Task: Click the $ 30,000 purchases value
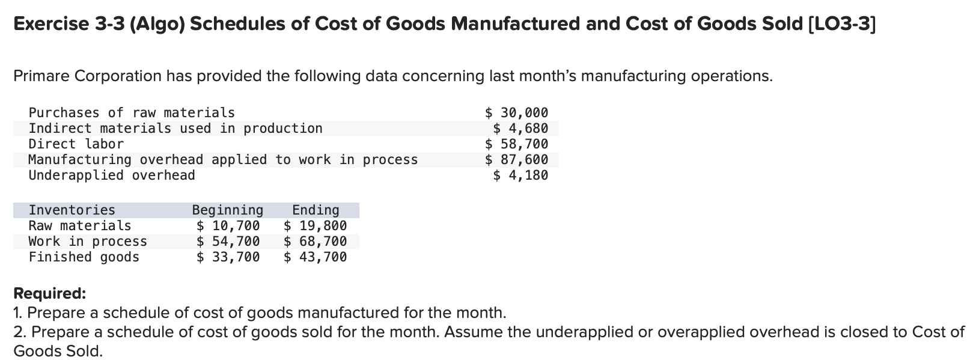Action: click(x=516, y=112)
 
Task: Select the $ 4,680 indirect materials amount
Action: click(x=520, y=128)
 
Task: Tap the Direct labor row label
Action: click(x=76, y=144)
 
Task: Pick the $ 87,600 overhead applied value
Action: click(x=516, y=159)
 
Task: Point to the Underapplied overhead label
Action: click(x=112, y=175)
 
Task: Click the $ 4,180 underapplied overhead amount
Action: click(x=520, y=175)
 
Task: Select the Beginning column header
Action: click(x=227, y=210)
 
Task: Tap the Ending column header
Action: click(x=316, y=210)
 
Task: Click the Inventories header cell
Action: click(x=72, y=210)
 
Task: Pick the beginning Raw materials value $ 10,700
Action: click(x=228, y=225)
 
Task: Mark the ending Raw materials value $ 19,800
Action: click(x=315, y=225)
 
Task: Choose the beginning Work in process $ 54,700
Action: click(x=228, y=241)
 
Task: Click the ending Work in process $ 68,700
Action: click(x=315, y=241)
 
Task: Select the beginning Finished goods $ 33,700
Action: click(x=228, y=257)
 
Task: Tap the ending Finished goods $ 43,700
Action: click(x=315, y=257)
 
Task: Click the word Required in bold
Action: click(x=49, y=293)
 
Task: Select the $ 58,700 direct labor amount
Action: click(x=516, y=144)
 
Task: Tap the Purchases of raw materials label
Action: click(x=132, y=112)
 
